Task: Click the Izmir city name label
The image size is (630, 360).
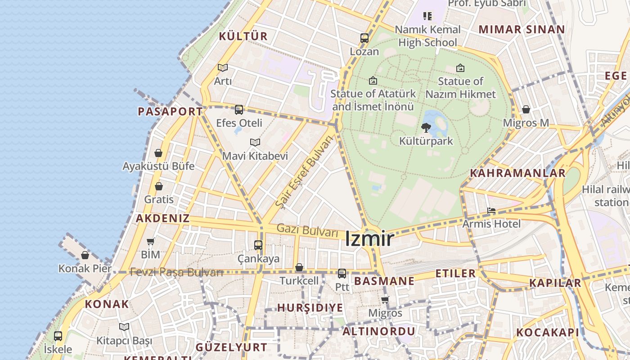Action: tap(369, 239)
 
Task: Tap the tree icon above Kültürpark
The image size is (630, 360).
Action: tap(426, 128)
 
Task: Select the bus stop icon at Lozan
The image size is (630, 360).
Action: tap(364, 38)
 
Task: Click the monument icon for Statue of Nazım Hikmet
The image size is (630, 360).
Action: tap(460, 68)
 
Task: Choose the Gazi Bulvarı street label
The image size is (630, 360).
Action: tap(307, 230)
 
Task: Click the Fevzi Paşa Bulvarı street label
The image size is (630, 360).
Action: tap(176, 272)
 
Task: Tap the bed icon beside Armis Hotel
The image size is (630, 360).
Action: tap(491, 211)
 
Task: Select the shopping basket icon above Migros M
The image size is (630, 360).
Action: tap(526, 109)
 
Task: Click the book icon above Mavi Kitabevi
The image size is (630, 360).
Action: tap(255, 143)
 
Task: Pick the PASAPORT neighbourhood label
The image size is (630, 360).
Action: tap(170, 112)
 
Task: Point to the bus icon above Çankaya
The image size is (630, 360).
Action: tap(258, 245)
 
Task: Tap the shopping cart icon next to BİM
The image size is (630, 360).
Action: tap(151, 241)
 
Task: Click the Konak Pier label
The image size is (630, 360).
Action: tap(85, 269)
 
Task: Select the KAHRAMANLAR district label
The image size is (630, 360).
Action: tap(517, 173)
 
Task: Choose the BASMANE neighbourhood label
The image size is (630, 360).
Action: tap(384, 282)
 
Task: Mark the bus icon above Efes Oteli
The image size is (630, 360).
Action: tap(239, 109)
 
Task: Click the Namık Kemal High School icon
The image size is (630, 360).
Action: tap(427, 16)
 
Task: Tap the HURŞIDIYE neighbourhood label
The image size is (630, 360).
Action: tap(310, 308)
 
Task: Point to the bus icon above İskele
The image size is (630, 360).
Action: tap(58, 336)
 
